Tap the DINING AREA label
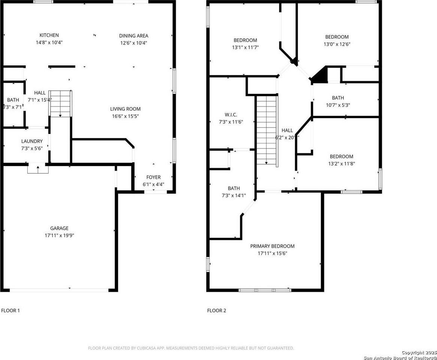[134, 36]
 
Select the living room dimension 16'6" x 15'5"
[125, 116]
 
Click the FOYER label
[153, 177]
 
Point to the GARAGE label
[59, 228]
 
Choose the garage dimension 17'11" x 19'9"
[59, 235]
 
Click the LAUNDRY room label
[32, 141]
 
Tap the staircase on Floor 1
[60, 103]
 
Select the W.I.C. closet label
[231, 115]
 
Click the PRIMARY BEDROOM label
[272, 246]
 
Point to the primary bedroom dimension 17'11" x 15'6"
[272, 253]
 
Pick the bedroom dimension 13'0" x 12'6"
[337, 44]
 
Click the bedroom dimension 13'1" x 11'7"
[245, 47]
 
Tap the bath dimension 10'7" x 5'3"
[338, 105]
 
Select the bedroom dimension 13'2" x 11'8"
[341, 163]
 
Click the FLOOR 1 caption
[10, 310]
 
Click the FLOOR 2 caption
[217, 310]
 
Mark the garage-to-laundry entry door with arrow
[38, 169]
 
